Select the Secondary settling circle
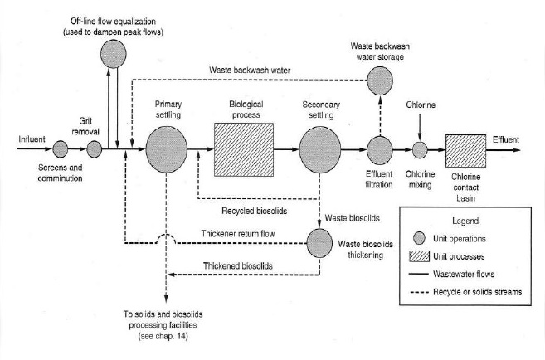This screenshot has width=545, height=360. [320, 150]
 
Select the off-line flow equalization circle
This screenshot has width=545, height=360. [114, 54]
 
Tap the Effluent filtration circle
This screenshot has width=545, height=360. [381, 150]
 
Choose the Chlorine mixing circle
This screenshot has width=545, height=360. [421, 150]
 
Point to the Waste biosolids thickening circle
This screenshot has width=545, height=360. [319, 244]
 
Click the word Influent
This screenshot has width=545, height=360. [32, 139]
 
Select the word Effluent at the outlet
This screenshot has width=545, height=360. [508, 138]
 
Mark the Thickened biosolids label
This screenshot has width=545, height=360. [236, 265]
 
